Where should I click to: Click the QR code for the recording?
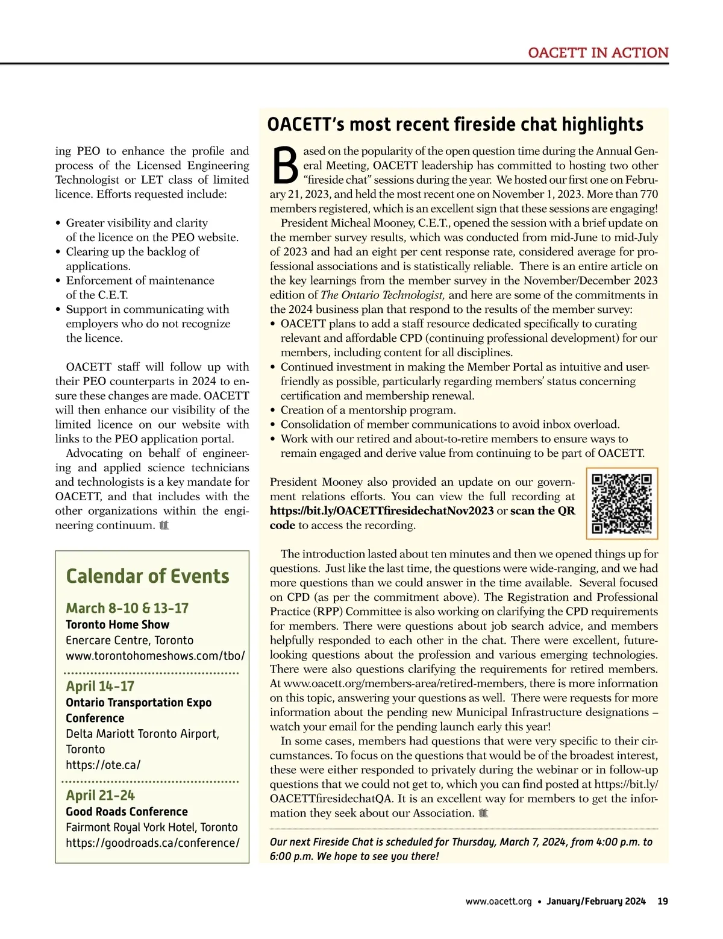tap(622, 503)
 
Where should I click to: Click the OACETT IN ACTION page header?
tap(598, 53)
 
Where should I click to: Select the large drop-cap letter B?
tap(285, 166)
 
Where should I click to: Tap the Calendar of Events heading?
tap(148, 576)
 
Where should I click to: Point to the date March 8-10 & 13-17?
tap(127, 608)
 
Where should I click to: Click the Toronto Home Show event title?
tap(117, 624)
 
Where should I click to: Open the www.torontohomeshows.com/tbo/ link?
tap(155, 656)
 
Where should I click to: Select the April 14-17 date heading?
tap(100, 686)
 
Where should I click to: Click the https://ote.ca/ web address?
tap(103, 765)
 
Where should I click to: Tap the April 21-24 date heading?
tap(100, 795)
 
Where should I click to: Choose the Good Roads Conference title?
tap(127, 811)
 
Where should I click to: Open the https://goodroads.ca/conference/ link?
tap(152, 843)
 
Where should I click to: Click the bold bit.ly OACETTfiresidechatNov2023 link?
tap(381, 510)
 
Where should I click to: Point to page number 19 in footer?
tap(663, 902)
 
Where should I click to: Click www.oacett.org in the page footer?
tap(498, 902)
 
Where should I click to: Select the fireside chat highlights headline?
tap(455, 124)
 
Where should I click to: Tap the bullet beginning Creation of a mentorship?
tap(368, 410)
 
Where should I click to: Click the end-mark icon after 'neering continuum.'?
tap(164, 526)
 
